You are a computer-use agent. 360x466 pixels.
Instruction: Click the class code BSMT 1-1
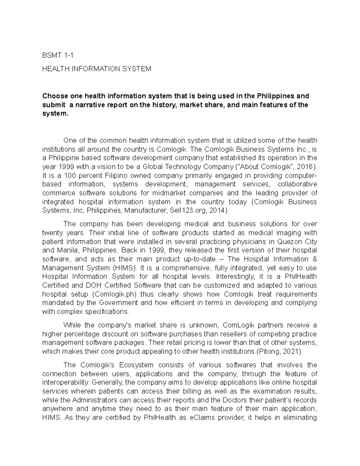point(58,55)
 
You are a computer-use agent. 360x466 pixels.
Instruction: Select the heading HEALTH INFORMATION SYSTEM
point(97,69)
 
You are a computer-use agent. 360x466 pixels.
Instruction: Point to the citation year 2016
point(305,167)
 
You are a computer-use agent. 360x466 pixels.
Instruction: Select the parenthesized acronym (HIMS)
point(124,268)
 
